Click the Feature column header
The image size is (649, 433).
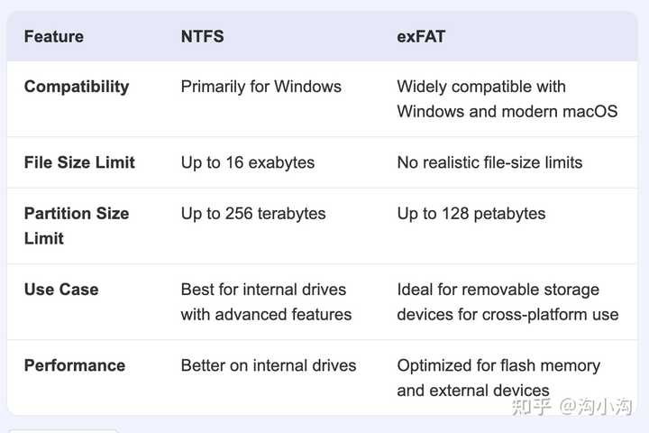(53, 37)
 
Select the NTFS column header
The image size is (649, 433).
(202, 37)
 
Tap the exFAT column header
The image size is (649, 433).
(420, 37)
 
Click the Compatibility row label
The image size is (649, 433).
(77, 87)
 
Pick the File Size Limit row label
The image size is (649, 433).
(79, 162)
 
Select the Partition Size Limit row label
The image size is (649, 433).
(77, 226)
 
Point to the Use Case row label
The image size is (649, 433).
(61, 290)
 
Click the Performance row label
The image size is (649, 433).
(75, 365)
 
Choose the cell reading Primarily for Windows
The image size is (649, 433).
(261, 87)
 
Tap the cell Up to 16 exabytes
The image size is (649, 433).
(247, 162)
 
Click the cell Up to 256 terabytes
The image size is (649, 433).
(253, 214)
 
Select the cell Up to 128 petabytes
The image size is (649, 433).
(471, 214)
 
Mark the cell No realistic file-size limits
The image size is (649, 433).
(489, 162)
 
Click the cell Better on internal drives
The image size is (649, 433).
(268, 365)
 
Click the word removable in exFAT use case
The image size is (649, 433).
(495, 290)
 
